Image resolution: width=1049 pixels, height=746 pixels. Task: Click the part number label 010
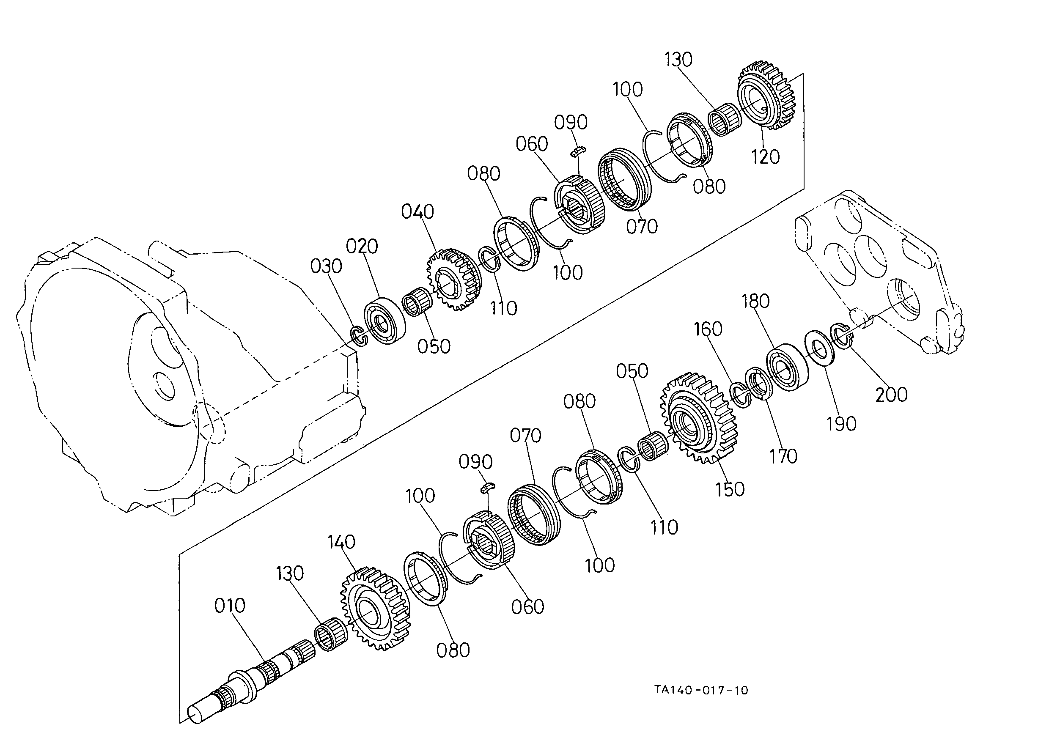[230, 606]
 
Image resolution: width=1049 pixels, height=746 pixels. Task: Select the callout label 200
[891, 395]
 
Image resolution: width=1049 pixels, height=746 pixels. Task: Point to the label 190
[841, 423]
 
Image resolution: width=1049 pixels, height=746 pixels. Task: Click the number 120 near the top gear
[766, 157]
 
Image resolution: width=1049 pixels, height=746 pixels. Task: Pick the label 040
[417, 212]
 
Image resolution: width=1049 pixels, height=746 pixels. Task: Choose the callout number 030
[326, 266]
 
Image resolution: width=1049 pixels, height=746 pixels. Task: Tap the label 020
[362, 247]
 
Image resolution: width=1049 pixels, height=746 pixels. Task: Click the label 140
[341, 542]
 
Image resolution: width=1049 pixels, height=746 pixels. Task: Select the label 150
[730, 489]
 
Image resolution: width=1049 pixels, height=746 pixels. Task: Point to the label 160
[708, 329]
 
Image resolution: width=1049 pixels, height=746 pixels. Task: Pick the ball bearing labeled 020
[385, 321]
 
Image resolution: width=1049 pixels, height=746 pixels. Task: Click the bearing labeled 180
[788, 368]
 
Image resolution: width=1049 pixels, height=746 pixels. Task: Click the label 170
[783, 456]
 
